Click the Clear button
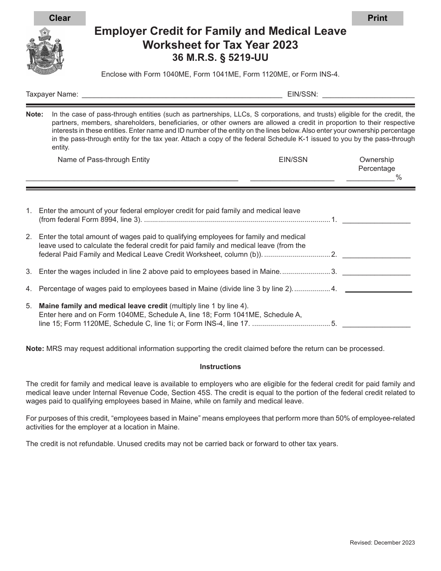tap(59, 18)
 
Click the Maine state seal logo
tap(45, 50)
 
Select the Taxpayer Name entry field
tap(182, 94)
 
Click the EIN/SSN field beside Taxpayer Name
tap(368, 94)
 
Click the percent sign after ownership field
tap(399, 178)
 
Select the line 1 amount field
tap(376, 220)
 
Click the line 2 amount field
tap(376, 254)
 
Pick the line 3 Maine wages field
tap(376, 272)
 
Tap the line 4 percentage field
tap(378, 289)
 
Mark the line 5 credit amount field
tap(376, 324)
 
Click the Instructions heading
tap(220, 367)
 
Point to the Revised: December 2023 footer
tap(382, 543)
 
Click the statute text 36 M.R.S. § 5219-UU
tap(220, 58)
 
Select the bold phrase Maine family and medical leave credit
tap(103, 306)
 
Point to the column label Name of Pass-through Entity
tap(104, 160)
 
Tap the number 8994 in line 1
tap(118, 220)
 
